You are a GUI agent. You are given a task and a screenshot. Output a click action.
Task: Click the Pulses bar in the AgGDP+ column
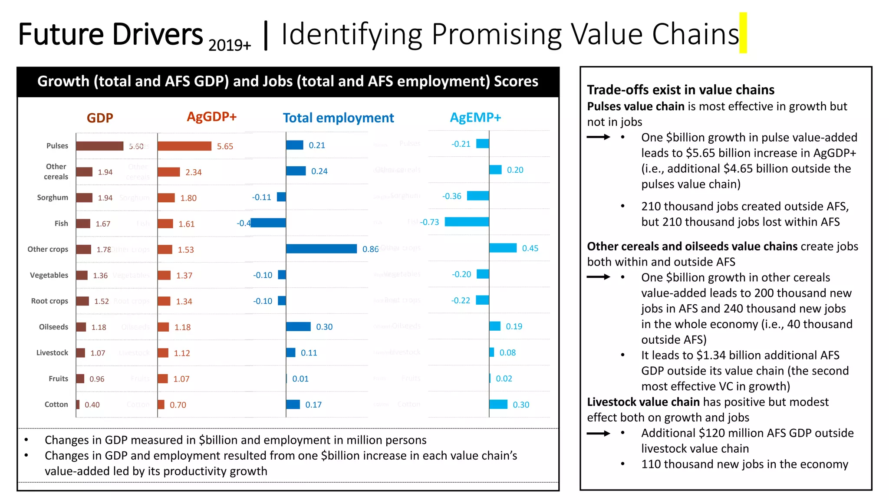(184, 146)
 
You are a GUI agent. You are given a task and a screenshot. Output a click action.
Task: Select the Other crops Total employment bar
(321, 249)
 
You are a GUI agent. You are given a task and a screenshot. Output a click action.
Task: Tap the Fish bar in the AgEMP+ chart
(467, 222)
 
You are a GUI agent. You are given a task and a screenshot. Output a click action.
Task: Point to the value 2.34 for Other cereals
(194, 172)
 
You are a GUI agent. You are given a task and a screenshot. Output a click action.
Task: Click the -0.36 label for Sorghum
(451, 196)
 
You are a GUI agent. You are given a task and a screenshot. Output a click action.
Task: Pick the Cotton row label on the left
(56, 405)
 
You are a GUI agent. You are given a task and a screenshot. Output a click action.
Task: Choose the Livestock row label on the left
(52, 353)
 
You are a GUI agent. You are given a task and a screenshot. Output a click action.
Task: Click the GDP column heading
(100, 118)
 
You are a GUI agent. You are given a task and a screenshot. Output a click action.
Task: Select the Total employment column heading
(338, 118)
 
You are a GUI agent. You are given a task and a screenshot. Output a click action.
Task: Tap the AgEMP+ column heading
(475, 118)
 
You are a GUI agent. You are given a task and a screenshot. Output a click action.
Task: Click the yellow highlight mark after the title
(743, 33)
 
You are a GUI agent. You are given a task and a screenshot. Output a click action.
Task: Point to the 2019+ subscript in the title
(230, 45)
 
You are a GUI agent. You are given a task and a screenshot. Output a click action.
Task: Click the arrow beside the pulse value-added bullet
(598, 137)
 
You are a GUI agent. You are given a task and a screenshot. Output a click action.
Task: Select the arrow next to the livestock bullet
(598, 433)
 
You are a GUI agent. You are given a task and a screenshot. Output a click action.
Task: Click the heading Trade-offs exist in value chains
(681, 90)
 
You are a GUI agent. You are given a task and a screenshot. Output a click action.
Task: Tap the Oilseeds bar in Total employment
(298, 326)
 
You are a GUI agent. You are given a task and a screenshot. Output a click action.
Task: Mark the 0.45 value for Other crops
(530, 248)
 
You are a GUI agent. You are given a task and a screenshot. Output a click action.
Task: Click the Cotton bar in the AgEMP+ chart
(498, 405)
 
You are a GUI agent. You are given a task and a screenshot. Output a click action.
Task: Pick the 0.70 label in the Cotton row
(178, 405)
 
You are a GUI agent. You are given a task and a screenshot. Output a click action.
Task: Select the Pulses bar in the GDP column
(99, 146)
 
